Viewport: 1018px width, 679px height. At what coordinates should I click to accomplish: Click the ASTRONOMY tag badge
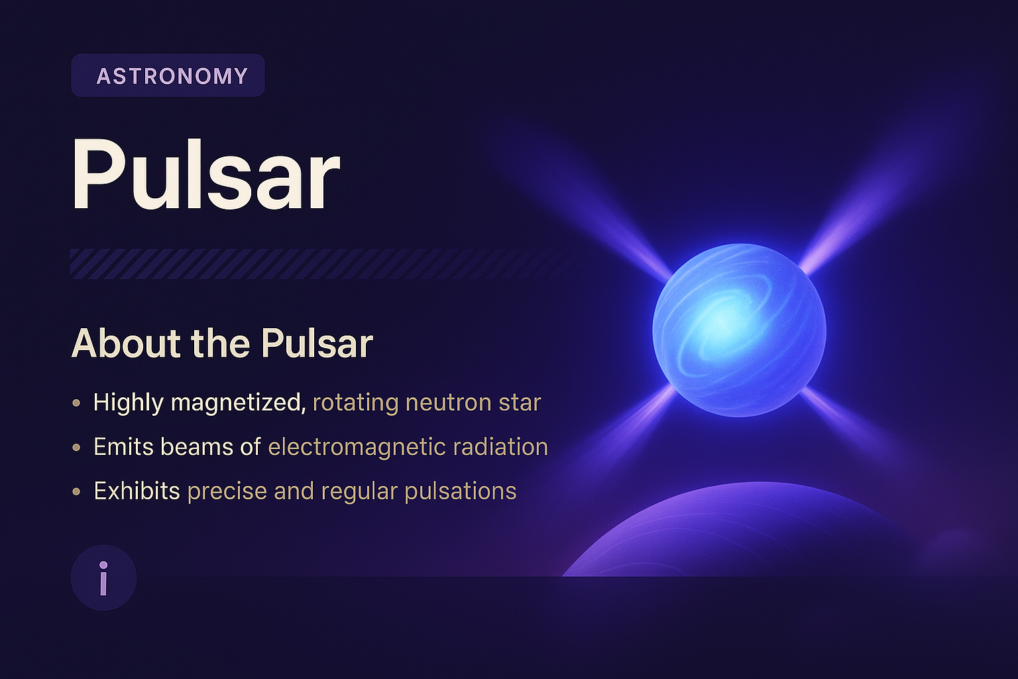(x=168, y=76)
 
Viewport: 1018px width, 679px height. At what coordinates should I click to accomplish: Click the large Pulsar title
(x=205, y=176)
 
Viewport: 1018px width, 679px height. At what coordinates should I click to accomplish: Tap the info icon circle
(x=103, y=578)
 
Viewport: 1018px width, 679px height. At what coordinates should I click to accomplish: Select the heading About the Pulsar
(x=222, y=343)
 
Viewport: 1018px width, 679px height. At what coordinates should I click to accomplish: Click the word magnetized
(x=238, y=402)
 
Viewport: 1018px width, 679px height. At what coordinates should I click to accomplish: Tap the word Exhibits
(x=137, y=491)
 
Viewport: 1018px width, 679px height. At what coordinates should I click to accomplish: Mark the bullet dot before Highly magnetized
(x=77, y=403)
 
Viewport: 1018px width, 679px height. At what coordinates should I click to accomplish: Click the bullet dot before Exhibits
(x=77, y=492)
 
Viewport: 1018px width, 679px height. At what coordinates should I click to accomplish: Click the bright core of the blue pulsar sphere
(x=722, y=322)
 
